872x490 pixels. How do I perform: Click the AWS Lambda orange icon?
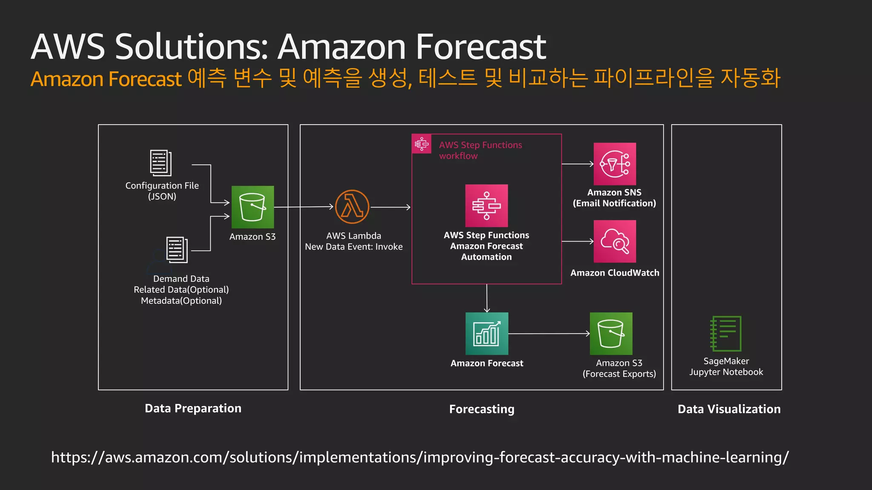tap(352, 207)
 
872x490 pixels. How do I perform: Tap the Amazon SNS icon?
tap(614, 164)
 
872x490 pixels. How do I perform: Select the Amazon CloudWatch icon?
tap(614, 241)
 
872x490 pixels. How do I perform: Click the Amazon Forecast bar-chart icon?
tap(487, 333)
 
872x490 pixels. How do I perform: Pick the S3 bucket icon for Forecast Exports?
tap(611, 333)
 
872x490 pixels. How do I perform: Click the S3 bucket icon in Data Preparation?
tap(252, 207)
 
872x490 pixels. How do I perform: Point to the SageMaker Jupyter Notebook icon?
tap(726, 333)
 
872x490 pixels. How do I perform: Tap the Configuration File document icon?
tap(161, 163)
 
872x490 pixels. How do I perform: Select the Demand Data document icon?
tap(177, 250)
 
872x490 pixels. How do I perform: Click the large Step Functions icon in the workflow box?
tap(486, 205)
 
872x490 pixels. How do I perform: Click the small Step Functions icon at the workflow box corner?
tap(422, 144)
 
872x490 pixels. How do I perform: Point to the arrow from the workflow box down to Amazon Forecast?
tap(487, 298)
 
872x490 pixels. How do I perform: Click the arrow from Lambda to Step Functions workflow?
tap(390, 207)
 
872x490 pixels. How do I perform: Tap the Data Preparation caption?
tap(193, 408)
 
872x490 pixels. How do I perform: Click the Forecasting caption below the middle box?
tap(482, 409)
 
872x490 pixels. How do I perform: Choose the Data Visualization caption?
tap(729, 409)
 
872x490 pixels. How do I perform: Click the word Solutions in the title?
tap(192, 47)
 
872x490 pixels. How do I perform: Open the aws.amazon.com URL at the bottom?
tap(419, 457)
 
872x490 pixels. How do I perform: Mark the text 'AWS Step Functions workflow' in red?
tap(480, 150)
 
